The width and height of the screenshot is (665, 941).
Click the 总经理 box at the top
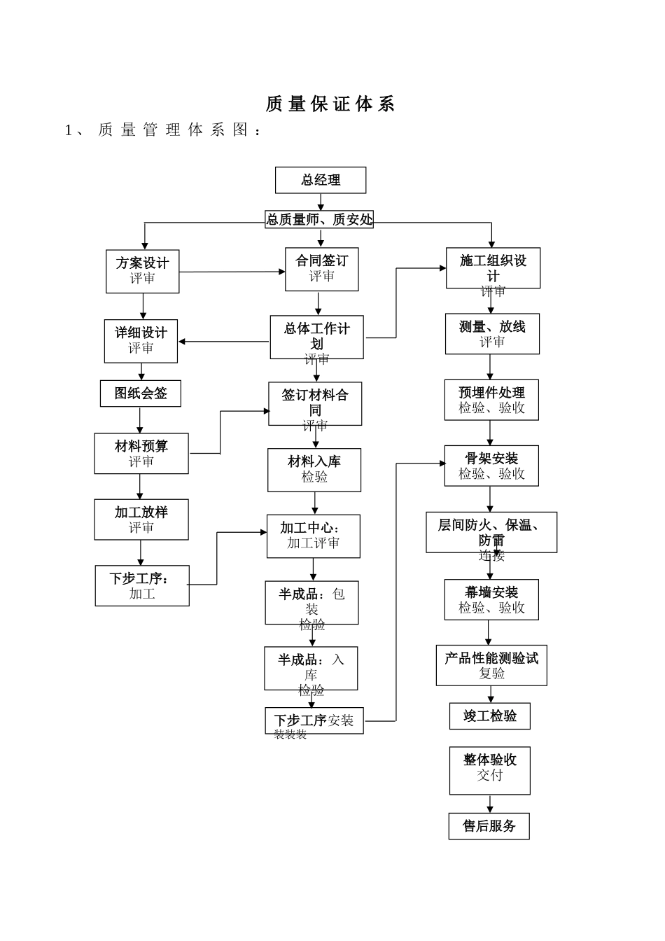321,180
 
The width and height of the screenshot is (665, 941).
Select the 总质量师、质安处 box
319,219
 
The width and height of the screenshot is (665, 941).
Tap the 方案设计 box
143,271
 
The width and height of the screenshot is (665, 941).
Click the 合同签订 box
322,269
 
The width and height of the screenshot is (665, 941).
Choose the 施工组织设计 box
493,267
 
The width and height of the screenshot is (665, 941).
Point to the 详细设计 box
141,341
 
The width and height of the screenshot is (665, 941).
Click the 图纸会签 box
141,393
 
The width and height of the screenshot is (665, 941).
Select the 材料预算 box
141,453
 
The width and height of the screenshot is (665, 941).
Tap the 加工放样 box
141,520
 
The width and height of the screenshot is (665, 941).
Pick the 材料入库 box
314,470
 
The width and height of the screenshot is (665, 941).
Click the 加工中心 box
314,536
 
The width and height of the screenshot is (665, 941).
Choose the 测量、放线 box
493,334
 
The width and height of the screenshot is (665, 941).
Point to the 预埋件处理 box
492,400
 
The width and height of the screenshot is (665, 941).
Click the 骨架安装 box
492,466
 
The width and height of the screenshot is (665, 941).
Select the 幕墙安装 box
492,599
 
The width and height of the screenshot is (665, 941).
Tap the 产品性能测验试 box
491,665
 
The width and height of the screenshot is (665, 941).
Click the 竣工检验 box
490,716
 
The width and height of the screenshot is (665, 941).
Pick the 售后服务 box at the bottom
489,825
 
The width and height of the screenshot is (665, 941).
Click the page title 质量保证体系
331,104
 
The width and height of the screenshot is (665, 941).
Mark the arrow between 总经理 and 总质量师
321,202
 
